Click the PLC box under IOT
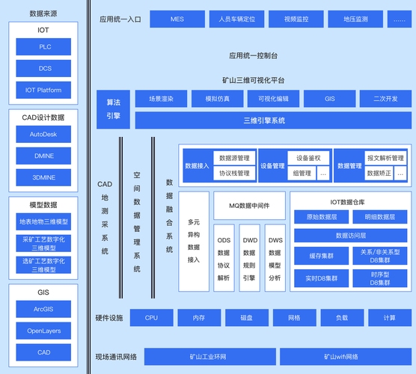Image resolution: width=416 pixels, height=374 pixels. [x=44, y=47]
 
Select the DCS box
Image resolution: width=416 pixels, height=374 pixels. [x=44, y=69]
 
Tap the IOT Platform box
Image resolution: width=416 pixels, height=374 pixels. [x=44, y=91]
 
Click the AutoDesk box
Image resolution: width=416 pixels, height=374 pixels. [x=44, y=135]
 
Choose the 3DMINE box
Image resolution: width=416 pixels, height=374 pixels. [x=44, y=178]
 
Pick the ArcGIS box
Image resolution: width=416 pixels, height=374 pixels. [x=44, y=309]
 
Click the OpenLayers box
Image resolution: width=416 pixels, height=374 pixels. [x=44, y=331]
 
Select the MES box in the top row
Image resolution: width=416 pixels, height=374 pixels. [x=177, y=19]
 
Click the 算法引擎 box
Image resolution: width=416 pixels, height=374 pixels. [x=113, y=108]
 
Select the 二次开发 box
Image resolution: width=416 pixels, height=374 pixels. [x=384, y=98]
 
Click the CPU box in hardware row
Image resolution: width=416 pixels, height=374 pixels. [x=151, y=318]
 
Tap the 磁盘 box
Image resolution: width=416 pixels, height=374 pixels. [x=245, y=318]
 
